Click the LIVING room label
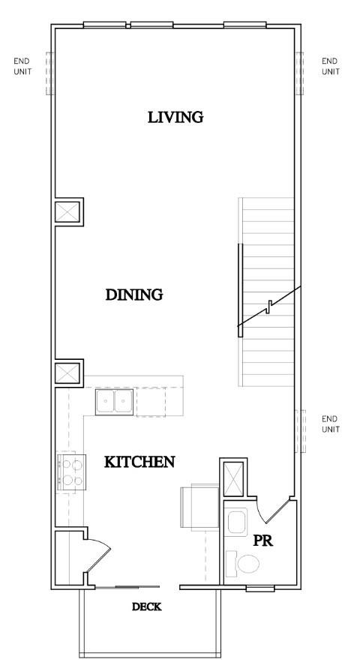click(x=176, y=117)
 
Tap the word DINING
click(x=134, y=295)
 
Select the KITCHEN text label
click(x=139, y=462)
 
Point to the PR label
click(x=262, y=540)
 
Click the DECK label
click(x=147, y=607)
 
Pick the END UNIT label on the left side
click(x=22, y=66)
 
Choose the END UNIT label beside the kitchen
click(x=330, y=424)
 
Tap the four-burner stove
click(x=70, y=473)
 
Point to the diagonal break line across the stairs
click(x=270, y=305)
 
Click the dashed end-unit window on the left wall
click(x=50, y=73)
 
